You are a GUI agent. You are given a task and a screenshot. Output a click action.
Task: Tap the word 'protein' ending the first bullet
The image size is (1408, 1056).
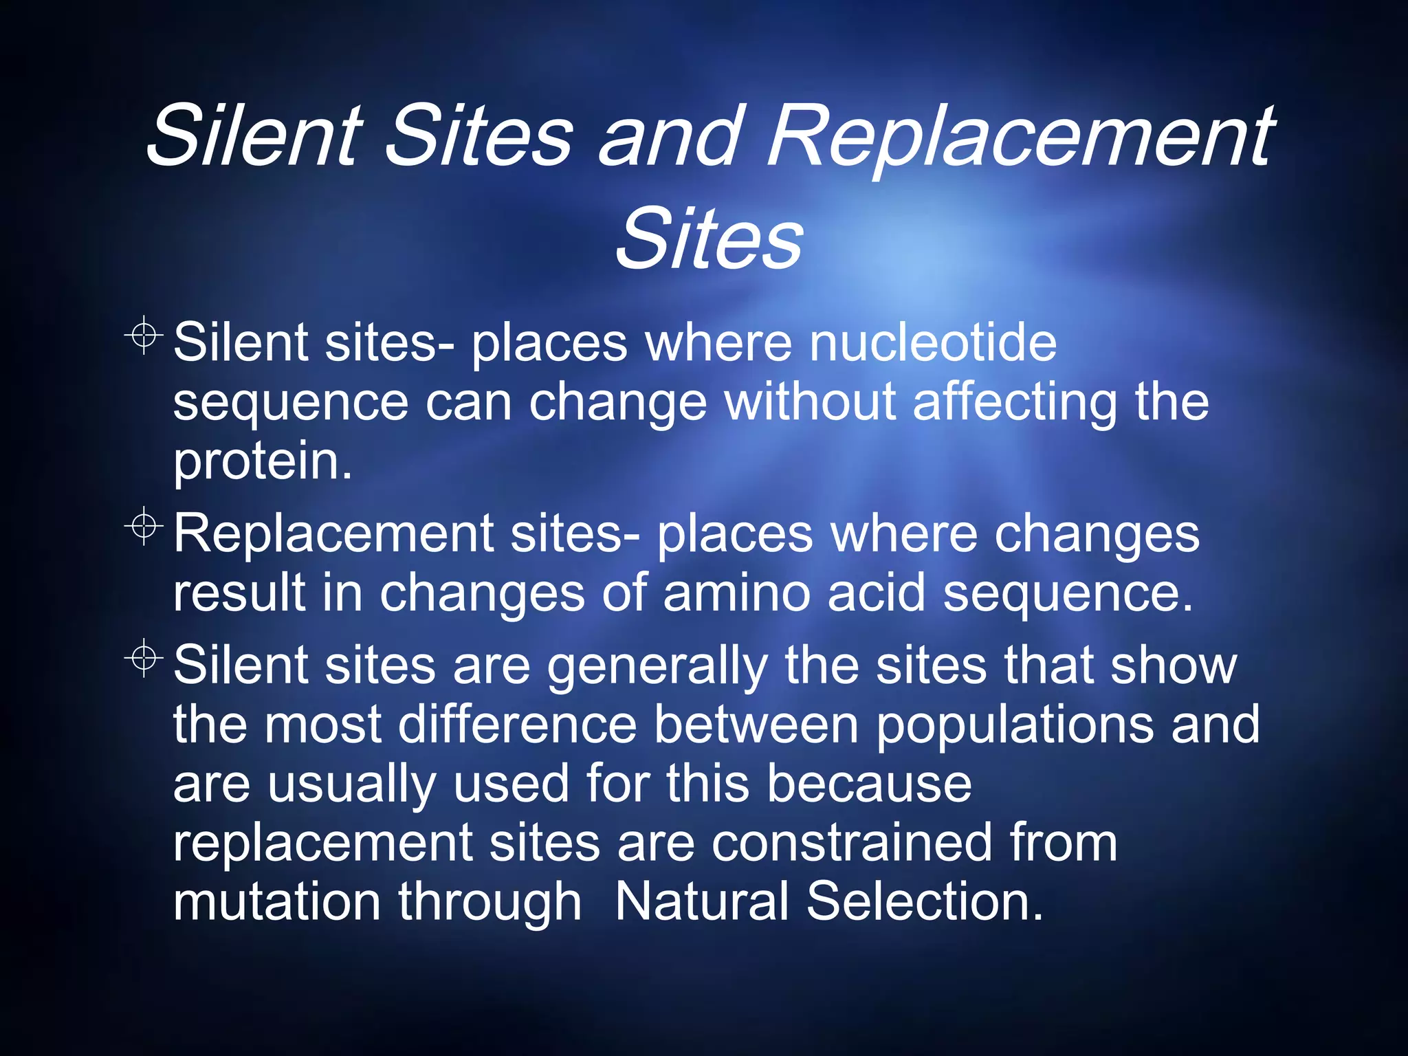coord(258,463)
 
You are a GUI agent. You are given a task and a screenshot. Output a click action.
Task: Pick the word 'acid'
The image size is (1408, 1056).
coord(876,593)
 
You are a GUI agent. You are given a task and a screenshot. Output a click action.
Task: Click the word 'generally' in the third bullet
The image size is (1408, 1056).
coord(657,667)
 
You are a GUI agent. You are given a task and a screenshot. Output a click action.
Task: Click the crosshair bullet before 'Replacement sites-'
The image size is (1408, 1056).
coord(144,527)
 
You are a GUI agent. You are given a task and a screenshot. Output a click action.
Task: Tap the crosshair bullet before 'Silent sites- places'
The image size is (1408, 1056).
coord(144,335)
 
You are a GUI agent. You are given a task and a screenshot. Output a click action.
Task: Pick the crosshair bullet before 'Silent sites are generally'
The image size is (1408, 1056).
coord(144,659)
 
